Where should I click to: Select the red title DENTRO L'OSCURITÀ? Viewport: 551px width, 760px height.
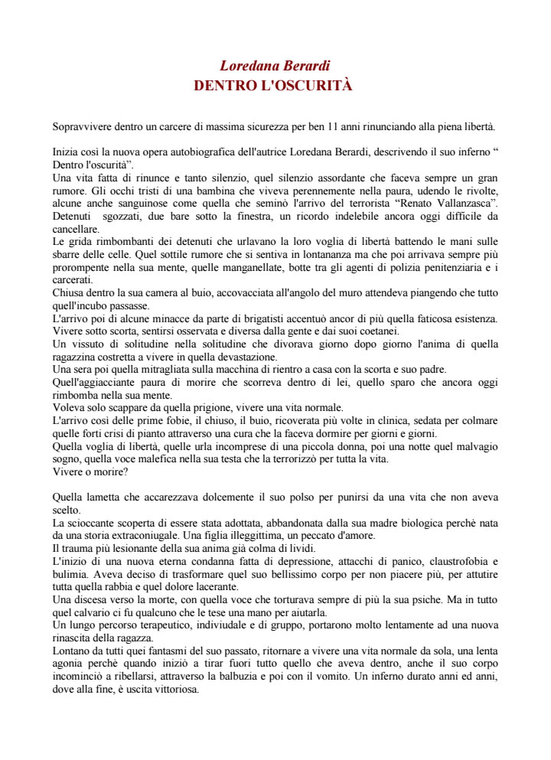tap(273, 85)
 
